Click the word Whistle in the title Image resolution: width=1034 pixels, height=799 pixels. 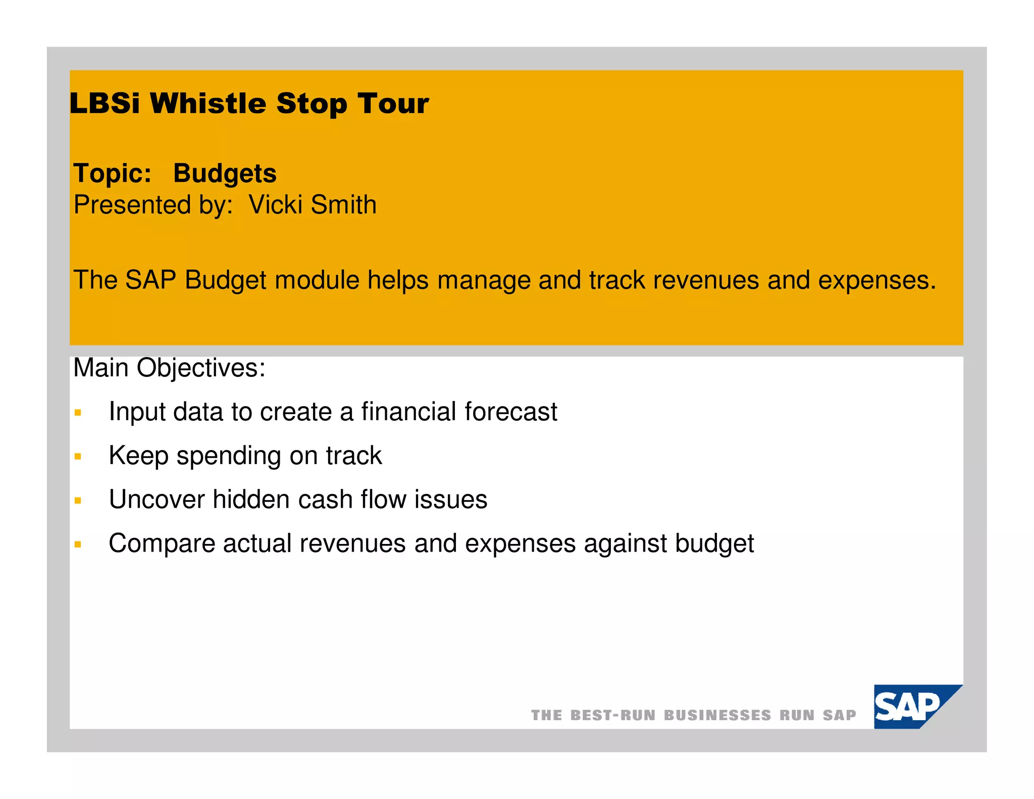coord(208,104)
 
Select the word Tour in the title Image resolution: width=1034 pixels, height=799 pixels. coord(393,104)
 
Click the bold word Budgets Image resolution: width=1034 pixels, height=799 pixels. coord(225,174)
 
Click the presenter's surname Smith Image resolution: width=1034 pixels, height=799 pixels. coord(343,205)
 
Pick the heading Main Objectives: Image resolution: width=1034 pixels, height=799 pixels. coord(169,368)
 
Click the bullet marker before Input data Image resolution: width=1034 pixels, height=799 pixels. coord(78,413)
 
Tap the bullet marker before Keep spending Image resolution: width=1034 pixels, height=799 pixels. coord(78,457)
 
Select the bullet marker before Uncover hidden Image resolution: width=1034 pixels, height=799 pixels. coord(78,501)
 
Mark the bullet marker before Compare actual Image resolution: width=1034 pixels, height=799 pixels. coord(78,545)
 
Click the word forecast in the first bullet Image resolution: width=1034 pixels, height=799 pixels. coord(510,412)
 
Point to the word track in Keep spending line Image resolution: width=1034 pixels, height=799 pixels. coord(353,456)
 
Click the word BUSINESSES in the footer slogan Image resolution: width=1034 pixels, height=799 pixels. coord(717,716)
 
